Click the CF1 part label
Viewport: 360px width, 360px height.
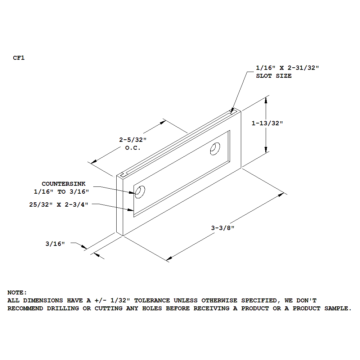click(19, 58)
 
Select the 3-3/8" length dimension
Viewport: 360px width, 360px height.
click(222, 228)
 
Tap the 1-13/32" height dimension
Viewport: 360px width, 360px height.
click(267, 123)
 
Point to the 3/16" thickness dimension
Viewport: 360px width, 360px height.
click(55, 244)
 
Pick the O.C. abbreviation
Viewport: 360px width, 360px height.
click(133, 148)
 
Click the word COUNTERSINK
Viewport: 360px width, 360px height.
click(64, 184)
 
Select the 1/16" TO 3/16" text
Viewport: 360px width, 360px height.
click(61, 192)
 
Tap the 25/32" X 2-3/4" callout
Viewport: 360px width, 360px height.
click(59, 204)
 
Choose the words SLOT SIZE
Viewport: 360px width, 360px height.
click(274, 76)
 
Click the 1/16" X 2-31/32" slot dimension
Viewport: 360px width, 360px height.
click(287, 68)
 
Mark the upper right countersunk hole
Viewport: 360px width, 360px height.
click(215, 149)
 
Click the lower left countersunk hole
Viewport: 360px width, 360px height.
click(140, 192)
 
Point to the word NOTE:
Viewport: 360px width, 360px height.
click(17, 293)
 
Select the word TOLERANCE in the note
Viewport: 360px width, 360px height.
click(152, 300)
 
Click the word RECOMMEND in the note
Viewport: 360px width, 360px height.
click(25, 309)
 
